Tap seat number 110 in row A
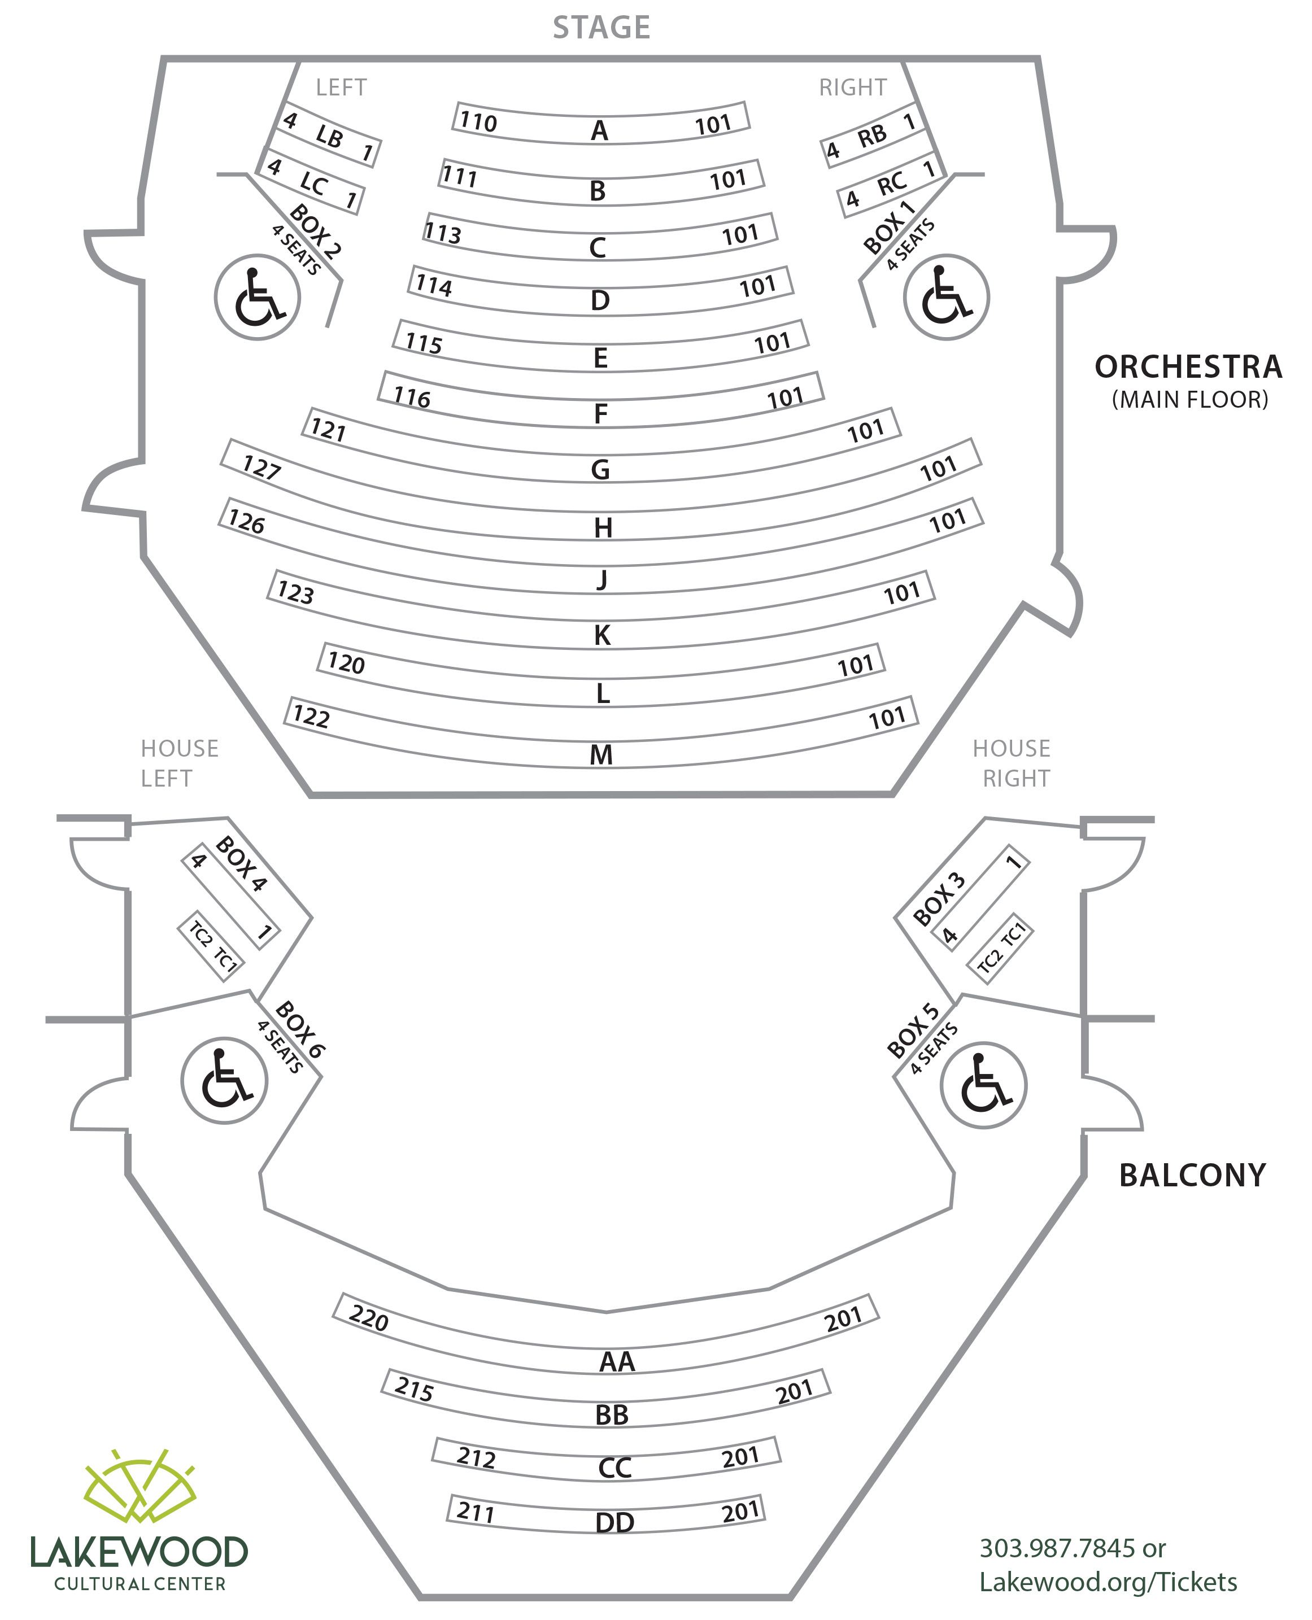pyautogui.click(x=478, y=121)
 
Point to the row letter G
pyautogui.click(x=600, y=470)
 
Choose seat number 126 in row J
pyautogui.click(x=246, y=521)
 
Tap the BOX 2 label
pyautogui.click(x=315, y=231)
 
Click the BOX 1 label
pyautogui.click(x=889, y=228)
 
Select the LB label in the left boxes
pyautogui.click(x=329, y=137)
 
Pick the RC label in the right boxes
pyautogui.click(x=891, y=184)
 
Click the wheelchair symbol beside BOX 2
pyautogui.click(x=257, y=297)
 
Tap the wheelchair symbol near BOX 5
pyautogui.click(x=983, y=1086)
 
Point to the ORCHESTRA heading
pyautogui.click(x=1188, y=367)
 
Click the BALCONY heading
pyautogui.click(x=1192, y=1176)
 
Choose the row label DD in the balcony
pyautogui.click(x=614, y=1522)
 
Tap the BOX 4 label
pyautogui.click(x=241, y=864)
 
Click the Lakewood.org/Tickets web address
pyautogui.click(x=1108, y=1582)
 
